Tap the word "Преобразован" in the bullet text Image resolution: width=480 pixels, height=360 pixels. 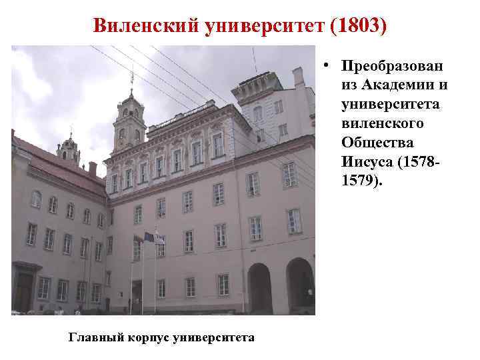point(394,67)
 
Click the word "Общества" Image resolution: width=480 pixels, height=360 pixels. point(377,143)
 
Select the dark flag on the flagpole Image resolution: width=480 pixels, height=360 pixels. point(148,237)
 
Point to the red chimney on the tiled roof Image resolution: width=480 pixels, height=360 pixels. point(93,168)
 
